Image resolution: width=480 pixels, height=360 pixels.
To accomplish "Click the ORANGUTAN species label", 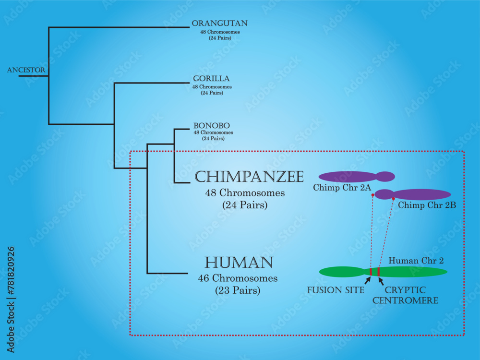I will (219, 23).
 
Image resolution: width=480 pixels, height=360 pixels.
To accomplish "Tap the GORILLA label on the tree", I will (211, 78).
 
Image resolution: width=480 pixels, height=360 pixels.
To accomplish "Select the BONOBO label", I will (208, 125).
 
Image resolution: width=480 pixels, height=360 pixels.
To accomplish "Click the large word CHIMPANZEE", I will (249, 177).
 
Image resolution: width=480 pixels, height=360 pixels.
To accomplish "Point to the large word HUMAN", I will (239, 262).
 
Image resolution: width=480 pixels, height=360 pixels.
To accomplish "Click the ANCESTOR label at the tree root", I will (26, 70).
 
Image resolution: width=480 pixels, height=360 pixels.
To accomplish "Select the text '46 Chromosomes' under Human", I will (238, 278).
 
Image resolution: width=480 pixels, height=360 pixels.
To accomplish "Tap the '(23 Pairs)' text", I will (238, 290).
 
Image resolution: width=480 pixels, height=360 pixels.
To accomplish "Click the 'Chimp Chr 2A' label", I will (342, 188).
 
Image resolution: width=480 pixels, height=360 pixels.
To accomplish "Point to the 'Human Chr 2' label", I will (416, 261).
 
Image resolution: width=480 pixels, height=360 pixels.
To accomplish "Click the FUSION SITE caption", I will (336, 290).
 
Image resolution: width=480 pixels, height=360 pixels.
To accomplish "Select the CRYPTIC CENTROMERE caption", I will (411, 295).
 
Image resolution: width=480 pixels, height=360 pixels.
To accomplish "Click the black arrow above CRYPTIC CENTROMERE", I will (381, 280).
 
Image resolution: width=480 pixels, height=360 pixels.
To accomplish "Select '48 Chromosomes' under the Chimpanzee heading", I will (245, 193).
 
